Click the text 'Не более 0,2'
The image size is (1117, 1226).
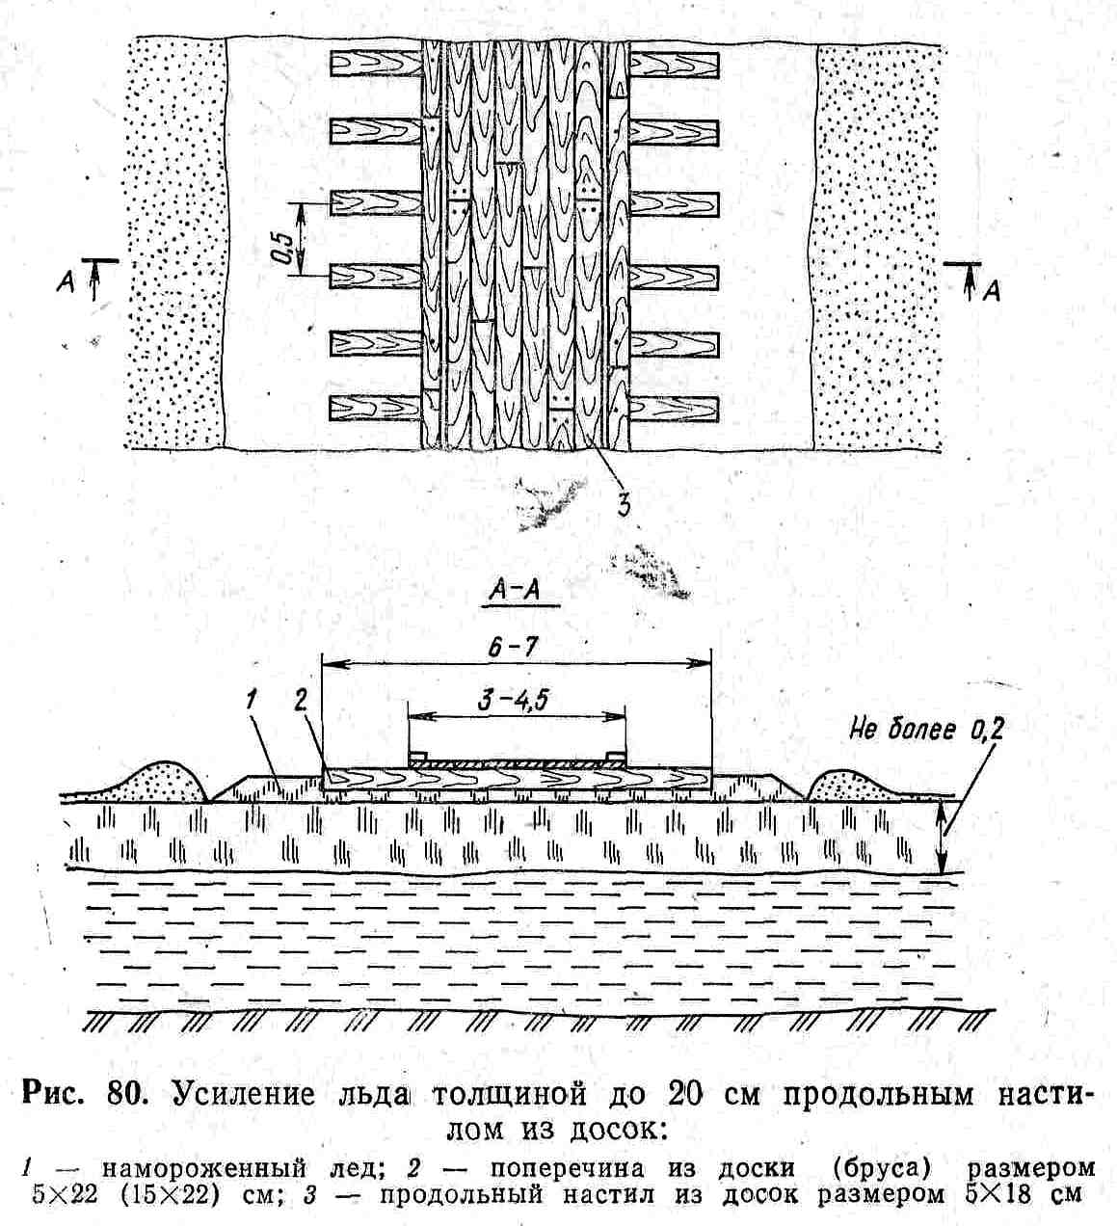925,731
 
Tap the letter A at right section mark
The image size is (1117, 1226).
990,289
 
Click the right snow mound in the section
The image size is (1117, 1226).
852,783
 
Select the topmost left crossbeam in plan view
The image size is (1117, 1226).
375,64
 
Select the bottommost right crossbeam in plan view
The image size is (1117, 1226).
674,410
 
